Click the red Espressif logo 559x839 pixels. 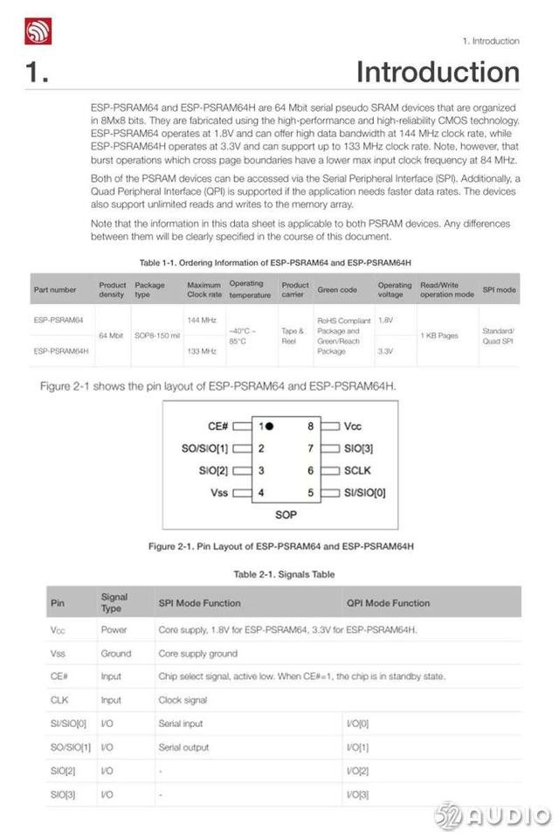(x=38, y=31)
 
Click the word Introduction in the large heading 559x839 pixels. (x=438, y=72)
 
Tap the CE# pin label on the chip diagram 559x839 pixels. (x=218, y=426)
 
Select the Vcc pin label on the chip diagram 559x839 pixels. (x=352, y=426)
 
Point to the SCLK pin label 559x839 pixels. (x=358, y=470)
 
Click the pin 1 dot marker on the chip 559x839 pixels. (x=270, y=426)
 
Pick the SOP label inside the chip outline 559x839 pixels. (x=286, y=515)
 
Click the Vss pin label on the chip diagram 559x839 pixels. (x=219, y=492)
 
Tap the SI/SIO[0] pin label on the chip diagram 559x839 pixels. (x=365, y=492)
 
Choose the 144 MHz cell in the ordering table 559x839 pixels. (x=201, y=320)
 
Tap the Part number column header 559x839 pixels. (x=55, y=288)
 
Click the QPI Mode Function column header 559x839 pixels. (x=388, y=602)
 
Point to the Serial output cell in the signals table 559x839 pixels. (x=183, y=748)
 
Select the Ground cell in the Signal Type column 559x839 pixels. (x=115, y=653)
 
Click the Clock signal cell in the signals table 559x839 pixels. (x=183, y=700)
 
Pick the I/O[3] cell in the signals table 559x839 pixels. (x=358, y=794)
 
